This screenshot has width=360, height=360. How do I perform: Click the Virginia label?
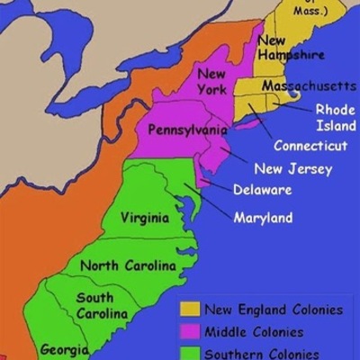144,218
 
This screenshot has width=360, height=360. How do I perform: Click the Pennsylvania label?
188,130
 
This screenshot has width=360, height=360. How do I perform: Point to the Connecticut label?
310,146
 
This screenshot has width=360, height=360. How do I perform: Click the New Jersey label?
293,168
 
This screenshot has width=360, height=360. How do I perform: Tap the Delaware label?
262,190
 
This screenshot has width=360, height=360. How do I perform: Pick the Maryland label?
263,218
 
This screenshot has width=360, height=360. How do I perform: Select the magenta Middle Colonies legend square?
190,332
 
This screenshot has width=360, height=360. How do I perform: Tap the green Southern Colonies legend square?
190,353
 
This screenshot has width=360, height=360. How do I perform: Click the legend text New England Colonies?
274,310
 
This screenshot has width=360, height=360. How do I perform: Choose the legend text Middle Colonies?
254,331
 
